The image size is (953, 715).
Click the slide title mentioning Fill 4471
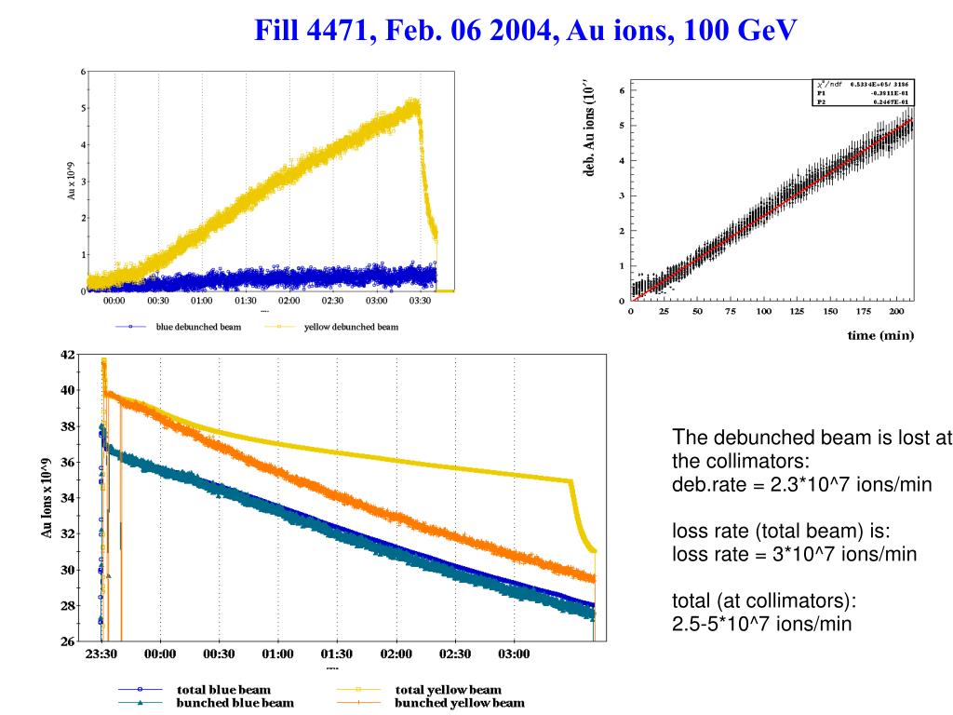click(527, 31)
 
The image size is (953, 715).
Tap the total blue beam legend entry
click(222, 690)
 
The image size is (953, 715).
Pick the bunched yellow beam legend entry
click(458, 703)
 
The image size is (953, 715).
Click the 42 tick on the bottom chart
click(68, 355)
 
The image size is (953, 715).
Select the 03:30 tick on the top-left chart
click(423, 301)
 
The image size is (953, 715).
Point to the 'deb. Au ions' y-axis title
click(587, 130)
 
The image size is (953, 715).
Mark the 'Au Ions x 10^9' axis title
click(46, 498)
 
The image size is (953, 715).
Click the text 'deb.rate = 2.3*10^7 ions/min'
click(801, 484)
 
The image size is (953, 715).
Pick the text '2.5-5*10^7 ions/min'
click(761, 624)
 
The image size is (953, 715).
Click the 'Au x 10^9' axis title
click(71, 181)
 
